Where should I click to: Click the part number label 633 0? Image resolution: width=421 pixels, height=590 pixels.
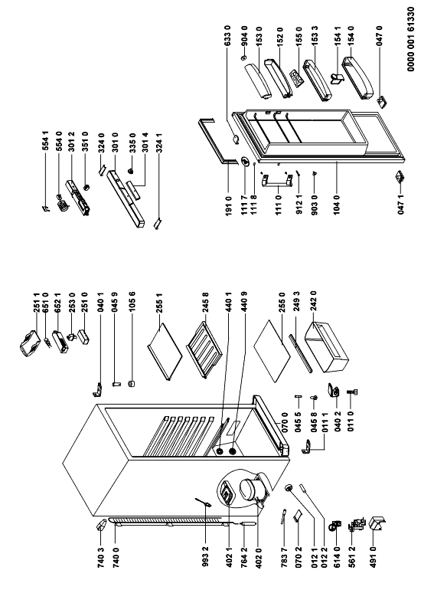point(227,37)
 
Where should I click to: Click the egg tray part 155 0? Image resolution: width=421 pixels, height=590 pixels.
point(297,78)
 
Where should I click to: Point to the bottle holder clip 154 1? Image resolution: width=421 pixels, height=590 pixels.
point(337,78)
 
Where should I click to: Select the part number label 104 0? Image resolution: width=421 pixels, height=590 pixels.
point(337,203)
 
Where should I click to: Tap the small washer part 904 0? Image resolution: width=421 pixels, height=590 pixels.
point(243,58)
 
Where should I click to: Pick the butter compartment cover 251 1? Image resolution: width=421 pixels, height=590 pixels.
point(29,343)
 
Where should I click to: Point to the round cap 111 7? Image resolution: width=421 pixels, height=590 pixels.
point(245,162)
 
